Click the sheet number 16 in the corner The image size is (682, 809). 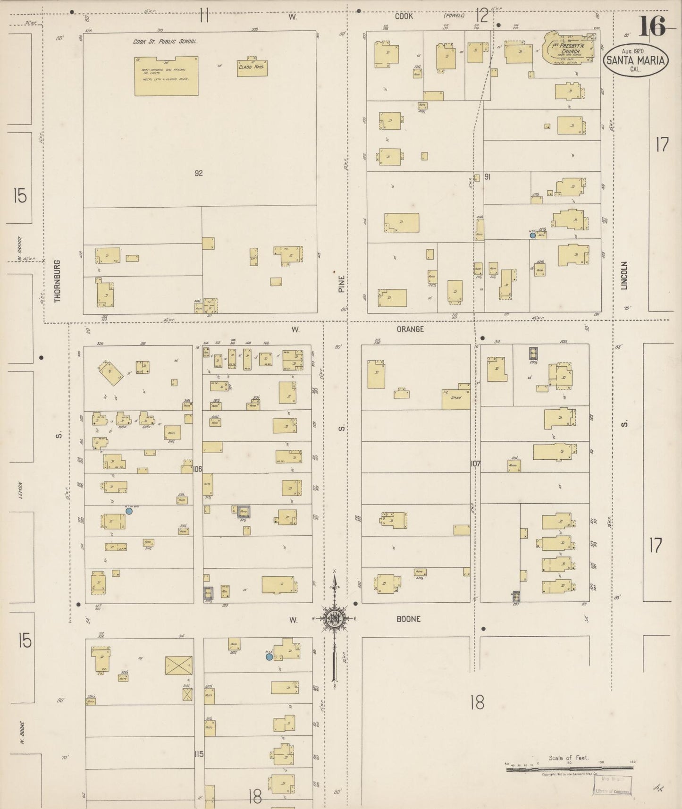pos(653,26)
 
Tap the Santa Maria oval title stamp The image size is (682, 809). pos(636,60)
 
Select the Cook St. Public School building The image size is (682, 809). pos(166,76)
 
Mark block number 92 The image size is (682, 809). pos(199,173)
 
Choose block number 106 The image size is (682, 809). pos(198,469)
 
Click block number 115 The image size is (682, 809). pos(198,754)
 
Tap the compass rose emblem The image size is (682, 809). pos(334,619)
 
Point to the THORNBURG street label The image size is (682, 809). pos(58,281)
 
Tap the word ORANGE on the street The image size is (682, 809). pos(410,329)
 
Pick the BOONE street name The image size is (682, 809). pos(409,619)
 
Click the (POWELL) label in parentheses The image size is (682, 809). pos(454,16)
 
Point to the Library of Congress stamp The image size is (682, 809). pos(613,792)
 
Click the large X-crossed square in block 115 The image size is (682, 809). pos(179,665)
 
